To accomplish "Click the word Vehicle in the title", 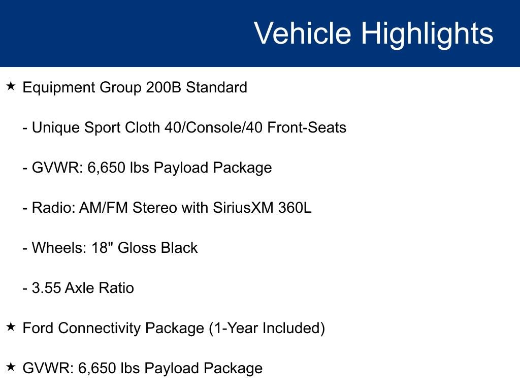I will click(302, 34).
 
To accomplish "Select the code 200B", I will click(164, 88).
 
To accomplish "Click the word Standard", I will click(216, 88).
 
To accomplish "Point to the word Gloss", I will click(137, 248).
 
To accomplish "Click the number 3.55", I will click(47, 288).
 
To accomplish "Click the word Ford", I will click(38, 328).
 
